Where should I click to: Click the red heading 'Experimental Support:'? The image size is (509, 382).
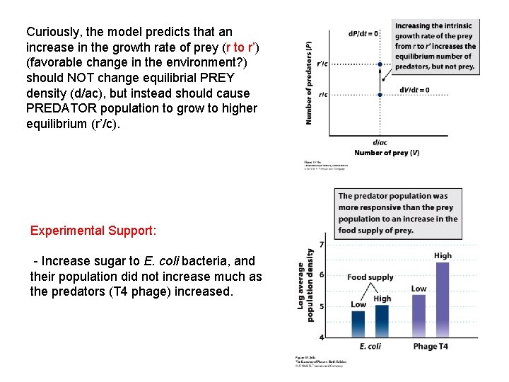coord(93,231)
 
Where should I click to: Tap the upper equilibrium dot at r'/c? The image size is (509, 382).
coord(380,64)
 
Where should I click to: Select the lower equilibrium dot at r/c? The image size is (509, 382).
coord(381,95)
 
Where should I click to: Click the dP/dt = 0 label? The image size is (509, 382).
coord(363,33)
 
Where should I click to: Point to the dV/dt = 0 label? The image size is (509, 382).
coord(414,90)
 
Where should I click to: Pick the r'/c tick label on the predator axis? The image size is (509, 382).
coord(322,64)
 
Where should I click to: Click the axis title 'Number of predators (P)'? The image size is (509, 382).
coord(309,84)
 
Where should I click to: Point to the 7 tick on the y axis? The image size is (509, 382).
coord(322,245)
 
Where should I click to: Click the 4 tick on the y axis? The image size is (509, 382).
coord(322,337)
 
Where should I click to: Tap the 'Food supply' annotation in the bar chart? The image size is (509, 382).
coord(370,277)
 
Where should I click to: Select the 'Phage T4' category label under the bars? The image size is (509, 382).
coord(431,347)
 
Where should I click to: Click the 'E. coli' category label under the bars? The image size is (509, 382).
coord(370,347)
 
